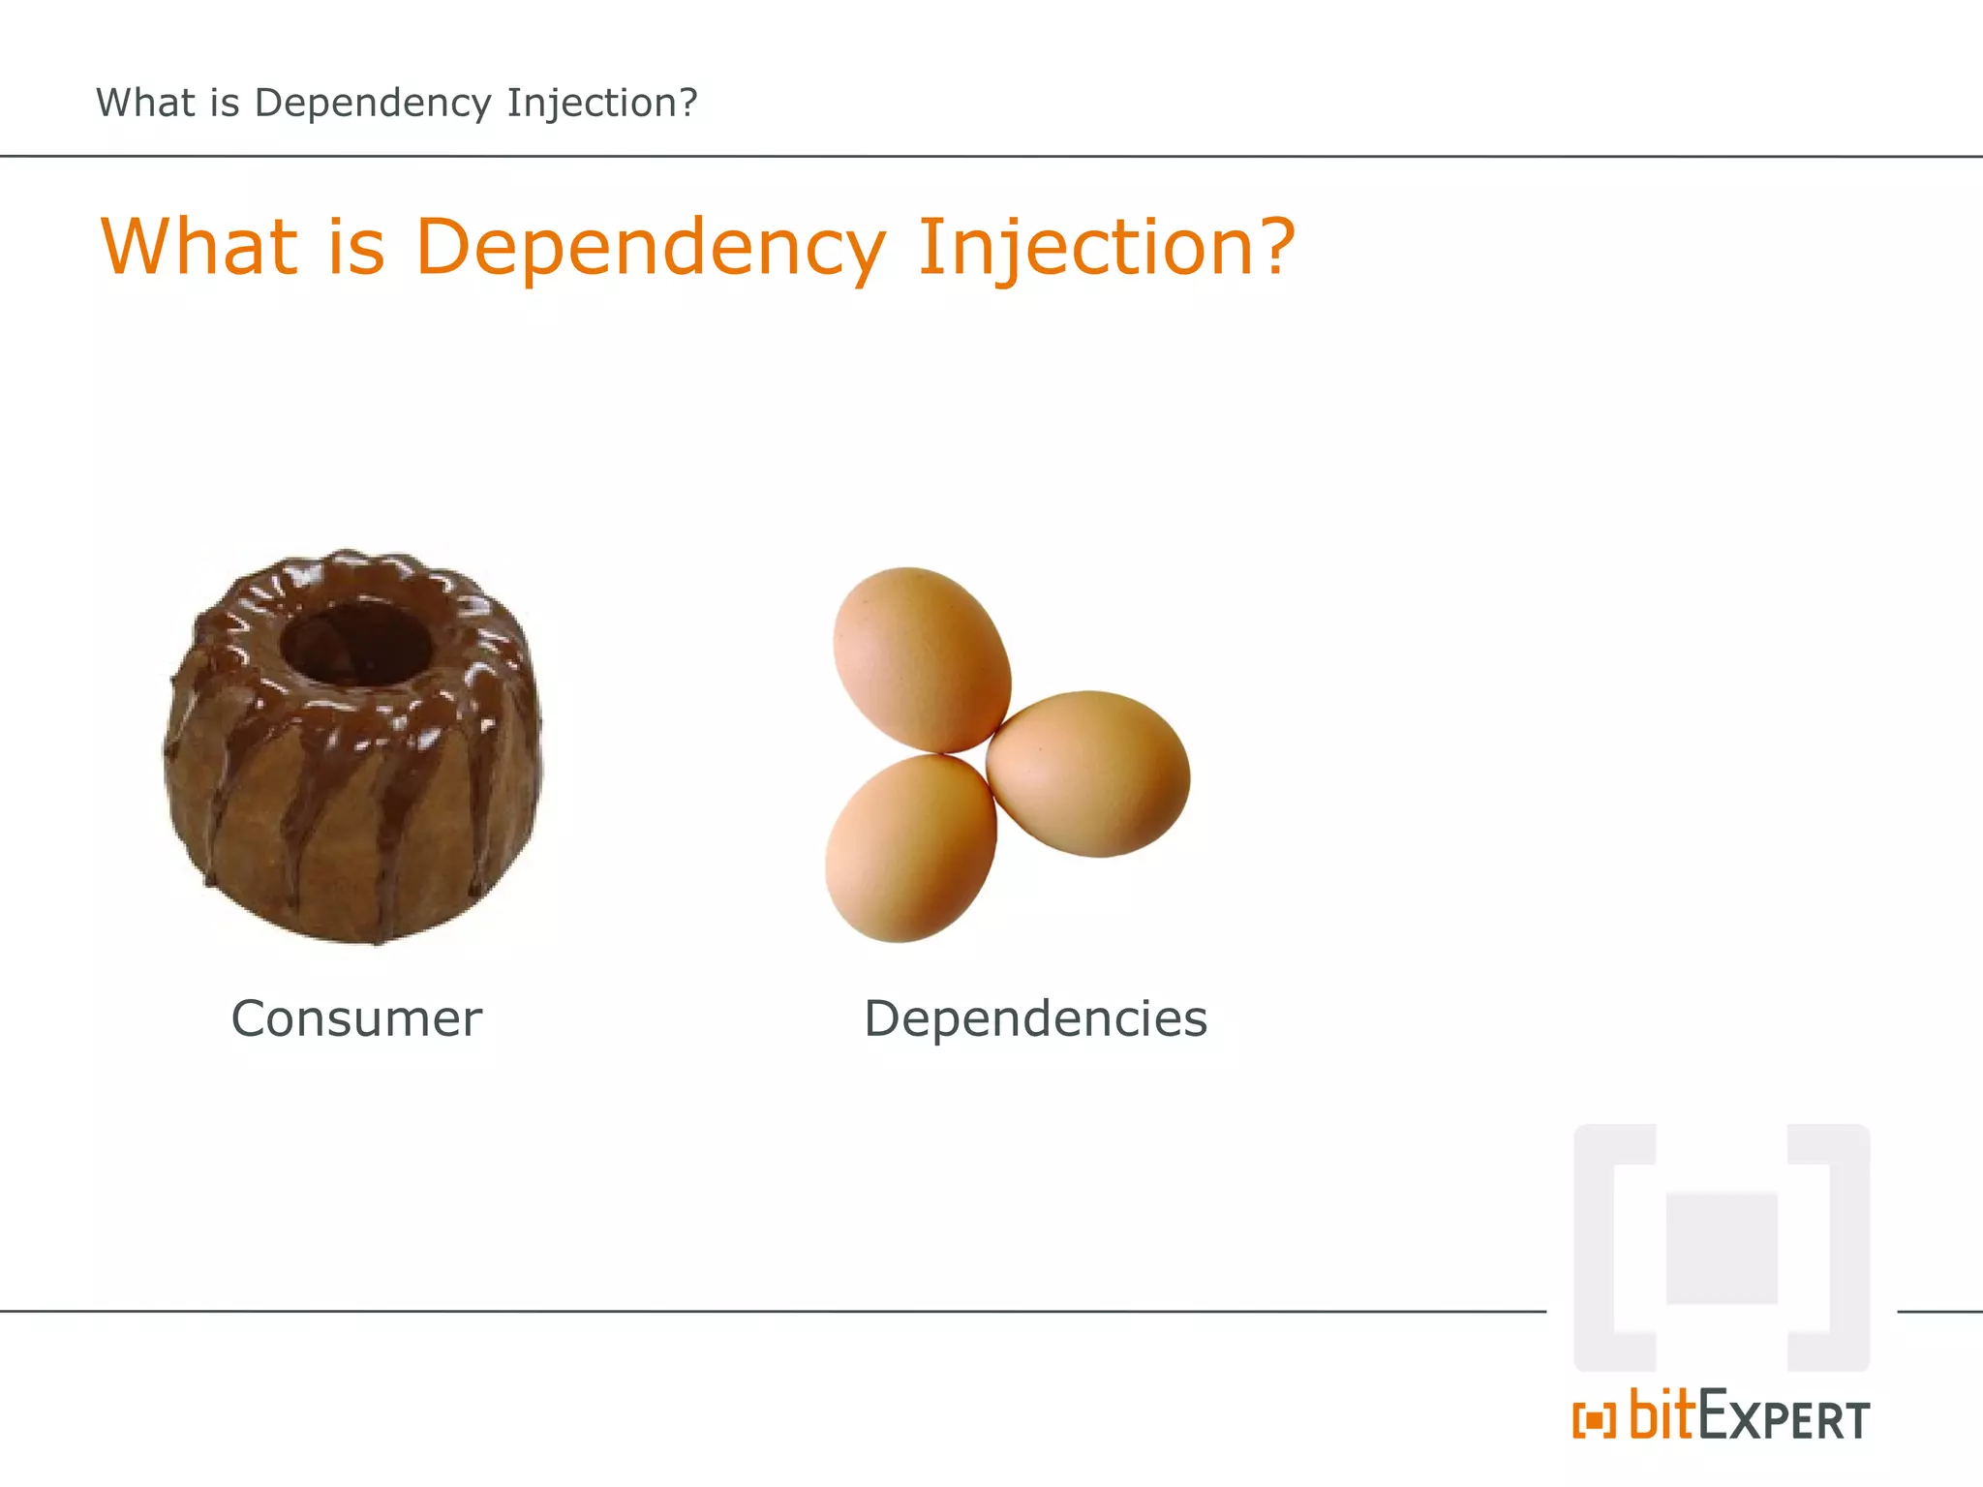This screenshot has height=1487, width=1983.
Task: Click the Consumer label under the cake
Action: (x=356, y=1018)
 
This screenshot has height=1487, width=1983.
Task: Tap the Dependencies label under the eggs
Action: (x=1035, y=1018)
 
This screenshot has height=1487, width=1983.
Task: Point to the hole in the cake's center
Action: (x=354, y=643)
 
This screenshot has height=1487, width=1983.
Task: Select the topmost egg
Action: (x=921, y=659)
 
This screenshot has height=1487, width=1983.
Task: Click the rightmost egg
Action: (x=1088, y=773)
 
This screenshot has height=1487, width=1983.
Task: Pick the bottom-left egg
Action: (x=910, y=848)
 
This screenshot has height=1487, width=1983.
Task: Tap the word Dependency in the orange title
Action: (x=650, y=248)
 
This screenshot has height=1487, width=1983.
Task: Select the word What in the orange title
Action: (x=198, y=246)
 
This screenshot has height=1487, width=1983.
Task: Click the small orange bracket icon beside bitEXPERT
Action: (x=1594, y=1420)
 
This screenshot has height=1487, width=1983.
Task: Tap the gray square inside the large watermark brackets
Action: (x=1722, y=1249)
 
